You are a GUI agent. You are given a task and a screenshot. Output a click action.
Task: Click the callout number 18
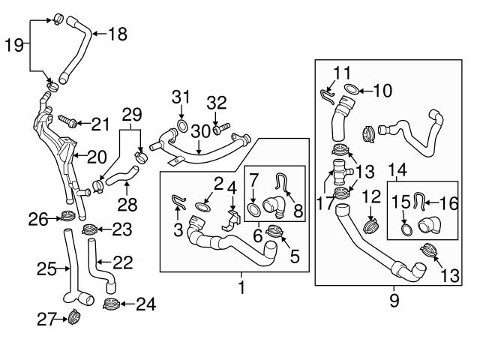coord(118,34)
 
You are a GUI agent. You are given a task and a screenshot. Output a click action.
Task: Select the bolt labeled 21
coord(67,121)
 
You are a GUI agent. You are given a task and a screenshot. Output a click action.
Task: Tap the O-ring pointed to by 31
coord(182,126)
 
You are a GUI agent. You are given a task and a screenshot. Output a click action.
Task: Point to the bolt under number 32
coord(221,129)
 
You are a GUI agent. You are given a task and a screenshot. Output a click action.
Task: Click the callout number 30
coord(201,131)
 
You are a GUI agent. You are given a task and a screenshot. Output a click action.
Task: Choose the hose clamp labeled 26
coord(68,216)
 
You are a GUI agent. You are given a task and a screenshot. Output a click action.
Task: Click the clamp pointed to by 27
coord(73,316)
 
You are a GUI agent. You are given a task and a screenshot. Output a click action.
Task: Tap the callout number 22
coord(123,262)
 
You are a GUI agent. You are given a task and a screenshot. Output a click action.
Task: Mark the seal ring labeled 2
coord(202,207)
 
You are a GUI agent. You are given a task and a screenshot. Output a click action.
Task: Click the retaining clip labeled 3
coord(178,202)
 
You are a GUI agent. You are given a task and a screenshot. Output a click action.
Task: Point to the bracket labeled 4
coord(231,220)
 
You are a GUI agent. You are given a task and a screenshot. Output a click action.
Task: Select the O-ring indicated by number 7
coord(253,210)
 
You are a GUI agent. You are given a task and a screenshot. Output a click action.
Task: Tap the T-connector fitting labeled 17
coord(340,172)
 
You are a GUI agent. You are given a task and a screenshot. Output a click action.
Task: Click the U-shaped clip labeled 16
coord(418,201)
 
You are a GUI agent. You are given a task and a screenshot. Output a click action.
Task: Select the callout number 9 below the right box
coord(394,300)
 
